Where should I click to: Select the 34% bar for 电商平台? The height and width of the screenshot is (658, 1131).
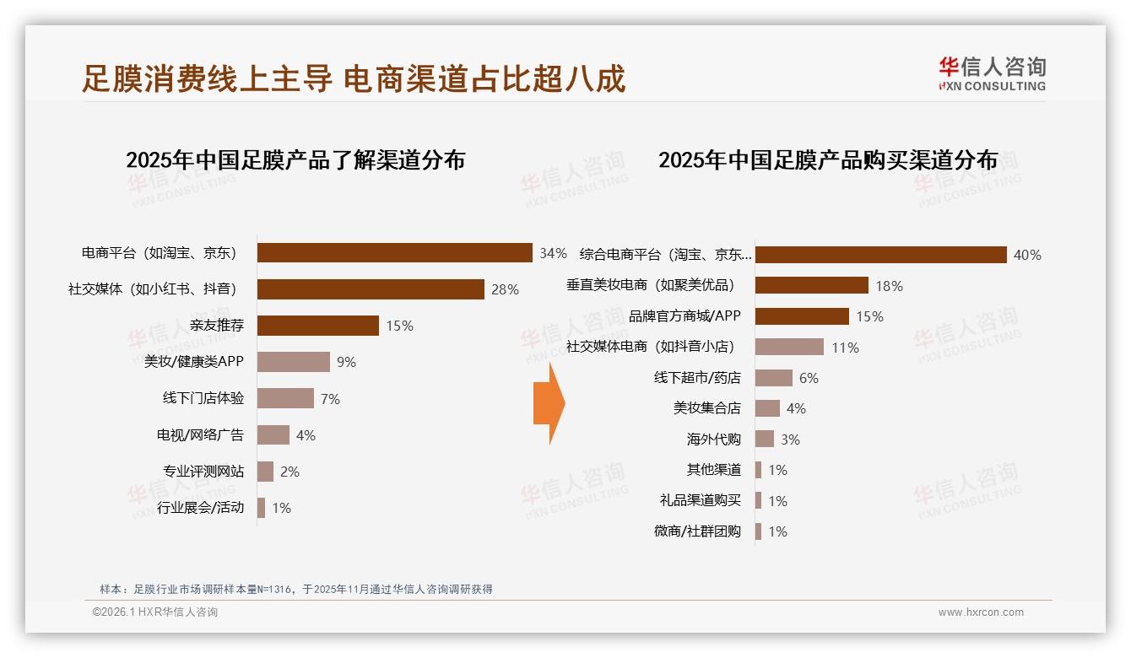(394, 253)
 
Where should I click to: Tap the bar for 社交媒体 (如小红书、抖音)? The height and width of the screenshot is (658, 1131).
(370, 289)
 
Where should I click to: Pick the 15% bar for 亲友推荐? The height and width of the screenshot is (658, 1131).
(317, 326)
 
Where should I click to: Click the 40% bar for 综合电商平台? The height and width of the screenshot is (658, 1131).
(880, 255)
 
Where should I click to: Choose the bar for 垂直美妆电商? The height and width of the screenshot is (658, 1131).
(811, 285)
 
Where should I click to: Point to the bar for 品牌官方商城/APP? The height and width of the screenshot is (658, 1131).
(802, 316)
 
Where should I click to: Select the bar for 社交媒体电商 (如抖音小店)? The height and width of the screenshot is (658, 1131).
(789, 347)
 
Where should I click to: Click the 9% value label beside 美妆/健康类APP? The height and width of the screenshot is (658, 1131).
(346, 362)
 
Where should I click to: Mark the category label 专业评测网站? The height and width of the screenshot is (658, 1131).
(203, 471)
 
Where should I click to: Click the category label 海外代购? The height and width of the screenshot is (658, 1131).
(713, 439)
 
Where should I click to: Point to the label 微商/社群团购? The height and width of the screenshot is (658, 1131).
(697, 531)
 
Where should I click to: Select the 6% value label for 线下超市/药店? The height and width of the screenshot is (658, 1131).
(809, 378)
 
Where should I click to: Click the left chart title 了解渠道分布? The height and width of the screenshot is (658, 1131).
(295, 159)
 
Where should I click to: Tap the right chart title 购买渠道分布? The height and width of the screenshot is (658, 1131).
(828, 159)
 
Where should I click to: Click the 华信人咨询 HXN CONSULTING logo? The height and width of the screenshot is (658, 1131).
(991, 73)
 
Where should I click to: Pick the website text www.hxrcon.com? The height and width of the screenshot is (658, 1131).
(981, 612)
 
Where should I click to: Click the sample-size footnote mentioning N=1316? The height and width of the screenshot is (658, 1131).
(295, 590)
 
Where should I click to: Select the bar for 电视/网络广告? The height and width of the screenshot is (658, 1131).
(273, 434)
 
